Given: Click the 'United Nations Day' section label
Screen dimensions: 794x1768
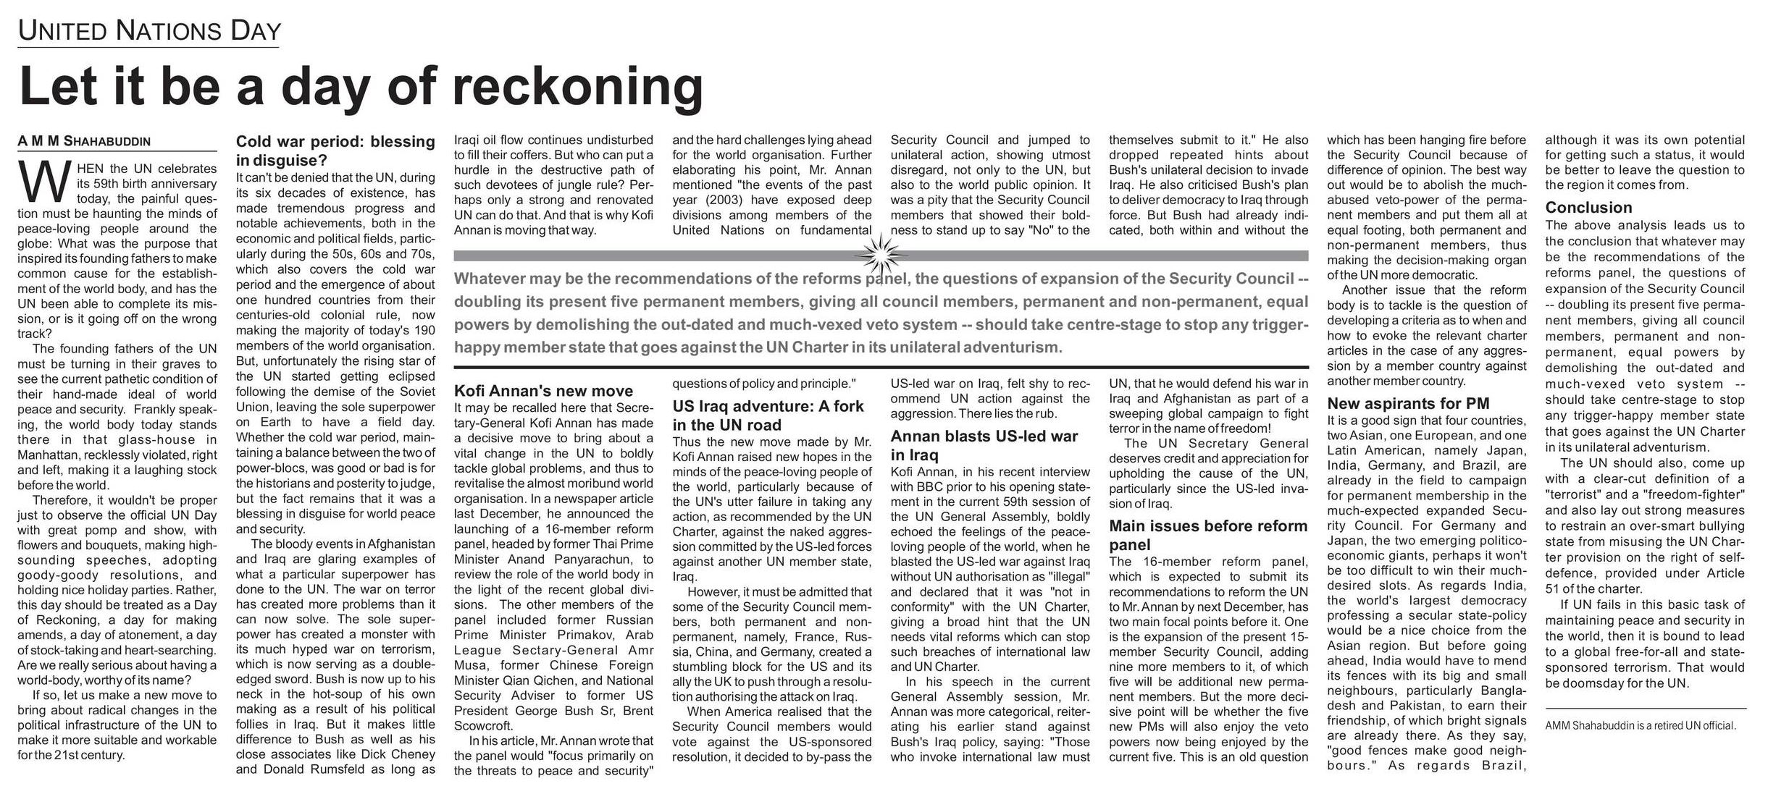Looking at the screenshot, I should pos(148,31).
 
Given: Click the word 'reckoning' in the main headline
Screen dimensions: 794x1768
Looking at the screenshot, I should pos(577,87).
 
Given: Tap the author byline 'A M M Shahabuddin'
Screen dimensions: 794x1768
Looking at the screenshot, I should pos(84,142).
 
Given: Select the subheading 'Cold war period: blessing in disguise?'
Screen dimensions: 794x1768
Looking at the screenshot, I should pos(335,150).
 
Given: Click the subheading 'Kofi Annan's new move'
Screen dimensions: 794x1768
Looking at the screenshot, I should pos(543,392).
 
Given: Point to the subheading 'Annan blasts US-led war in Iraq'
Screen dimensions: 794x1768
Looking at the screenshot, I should pos(984,445).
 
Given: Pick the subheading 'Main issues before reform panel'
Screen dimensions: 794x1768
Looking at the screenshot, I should pos(1207,535).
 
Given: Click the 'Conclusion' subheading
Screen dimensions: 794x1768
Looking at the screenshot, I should pos(1588,207).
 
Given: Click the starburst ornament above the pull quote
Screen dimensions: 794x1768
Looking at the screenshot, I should pos(881,255).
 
